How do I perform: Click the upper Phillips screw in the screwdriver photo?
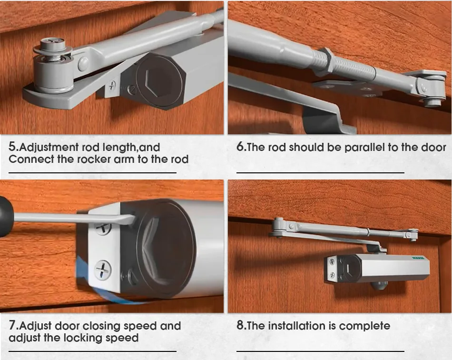[x=103, y=226]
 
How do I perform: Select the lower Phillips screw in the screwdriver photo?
[x=103, y=270]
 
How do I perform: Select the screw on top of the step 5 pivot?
[x=52, y=44]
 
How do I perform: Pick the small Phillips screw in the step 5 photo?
[x=112, y=86]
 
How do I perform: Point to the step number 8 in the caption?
[x=241, y=326]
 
